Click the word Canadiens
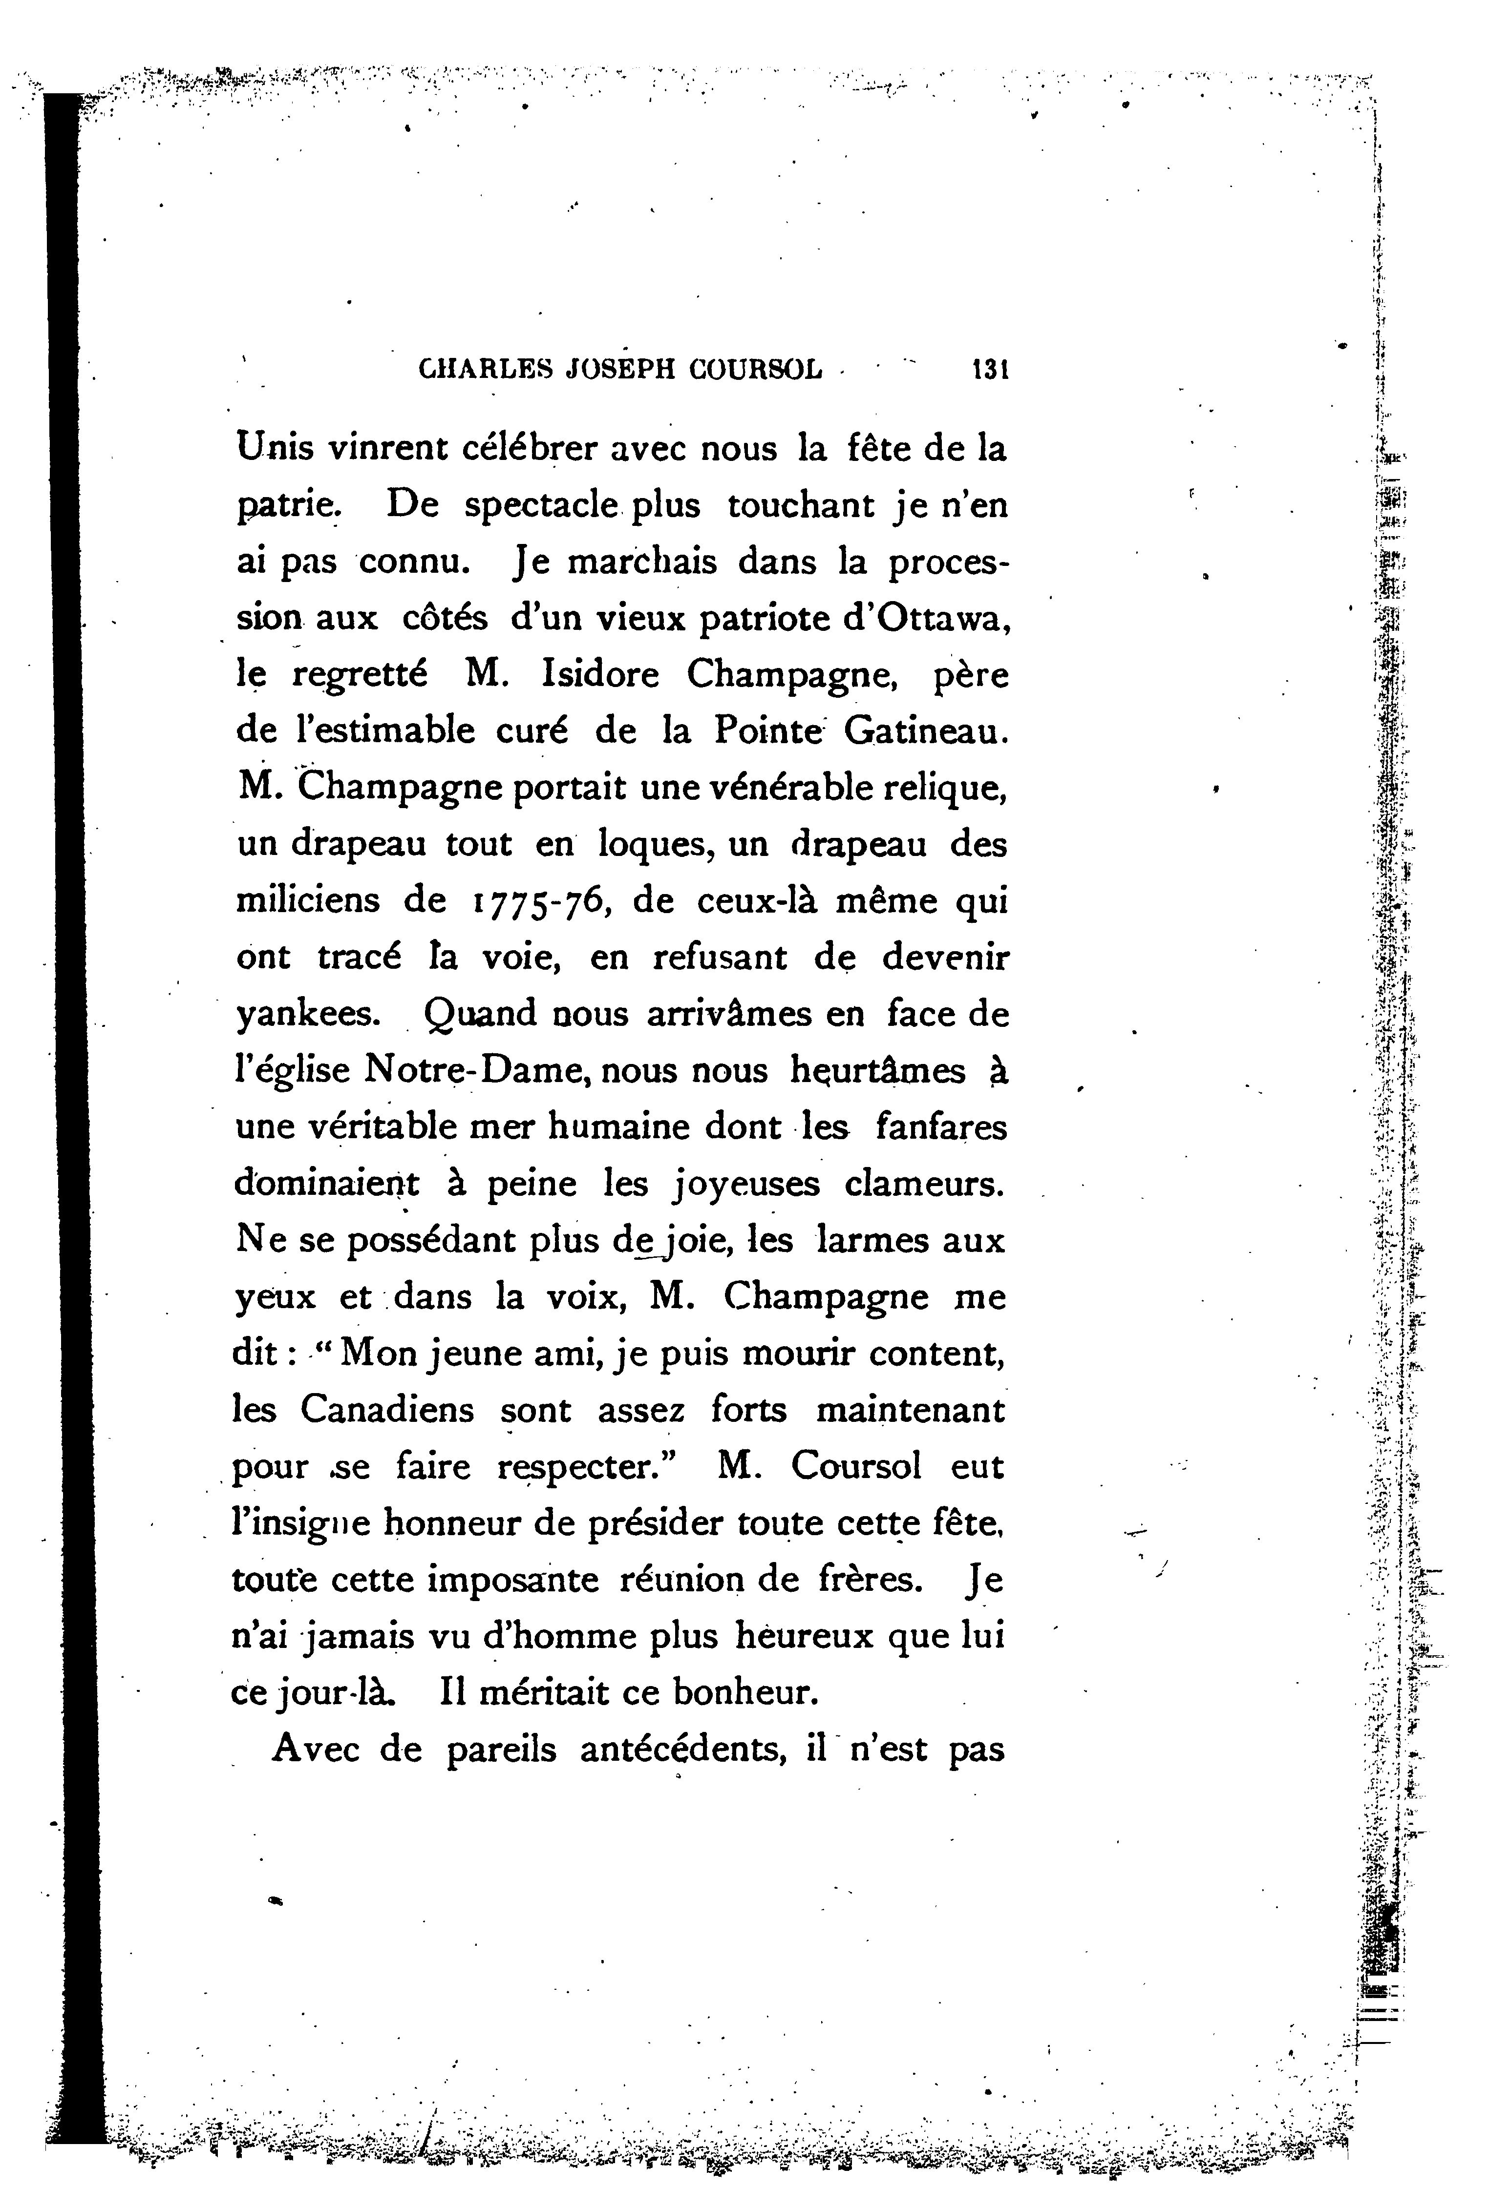(387, 1409)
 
